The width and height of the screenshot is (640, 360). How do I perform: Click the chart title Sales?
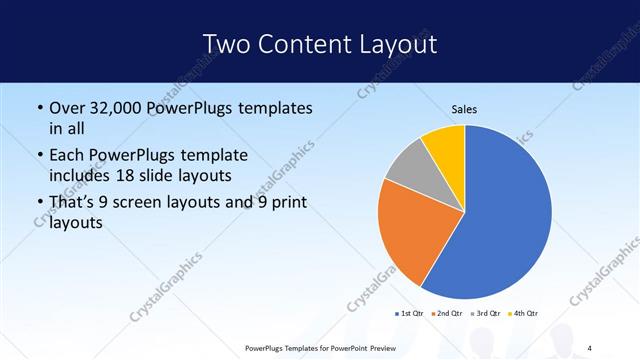click(x=465, y=109)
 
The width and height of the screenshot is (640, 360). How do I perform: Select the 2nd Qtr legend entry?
click(x=446, y=313)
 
